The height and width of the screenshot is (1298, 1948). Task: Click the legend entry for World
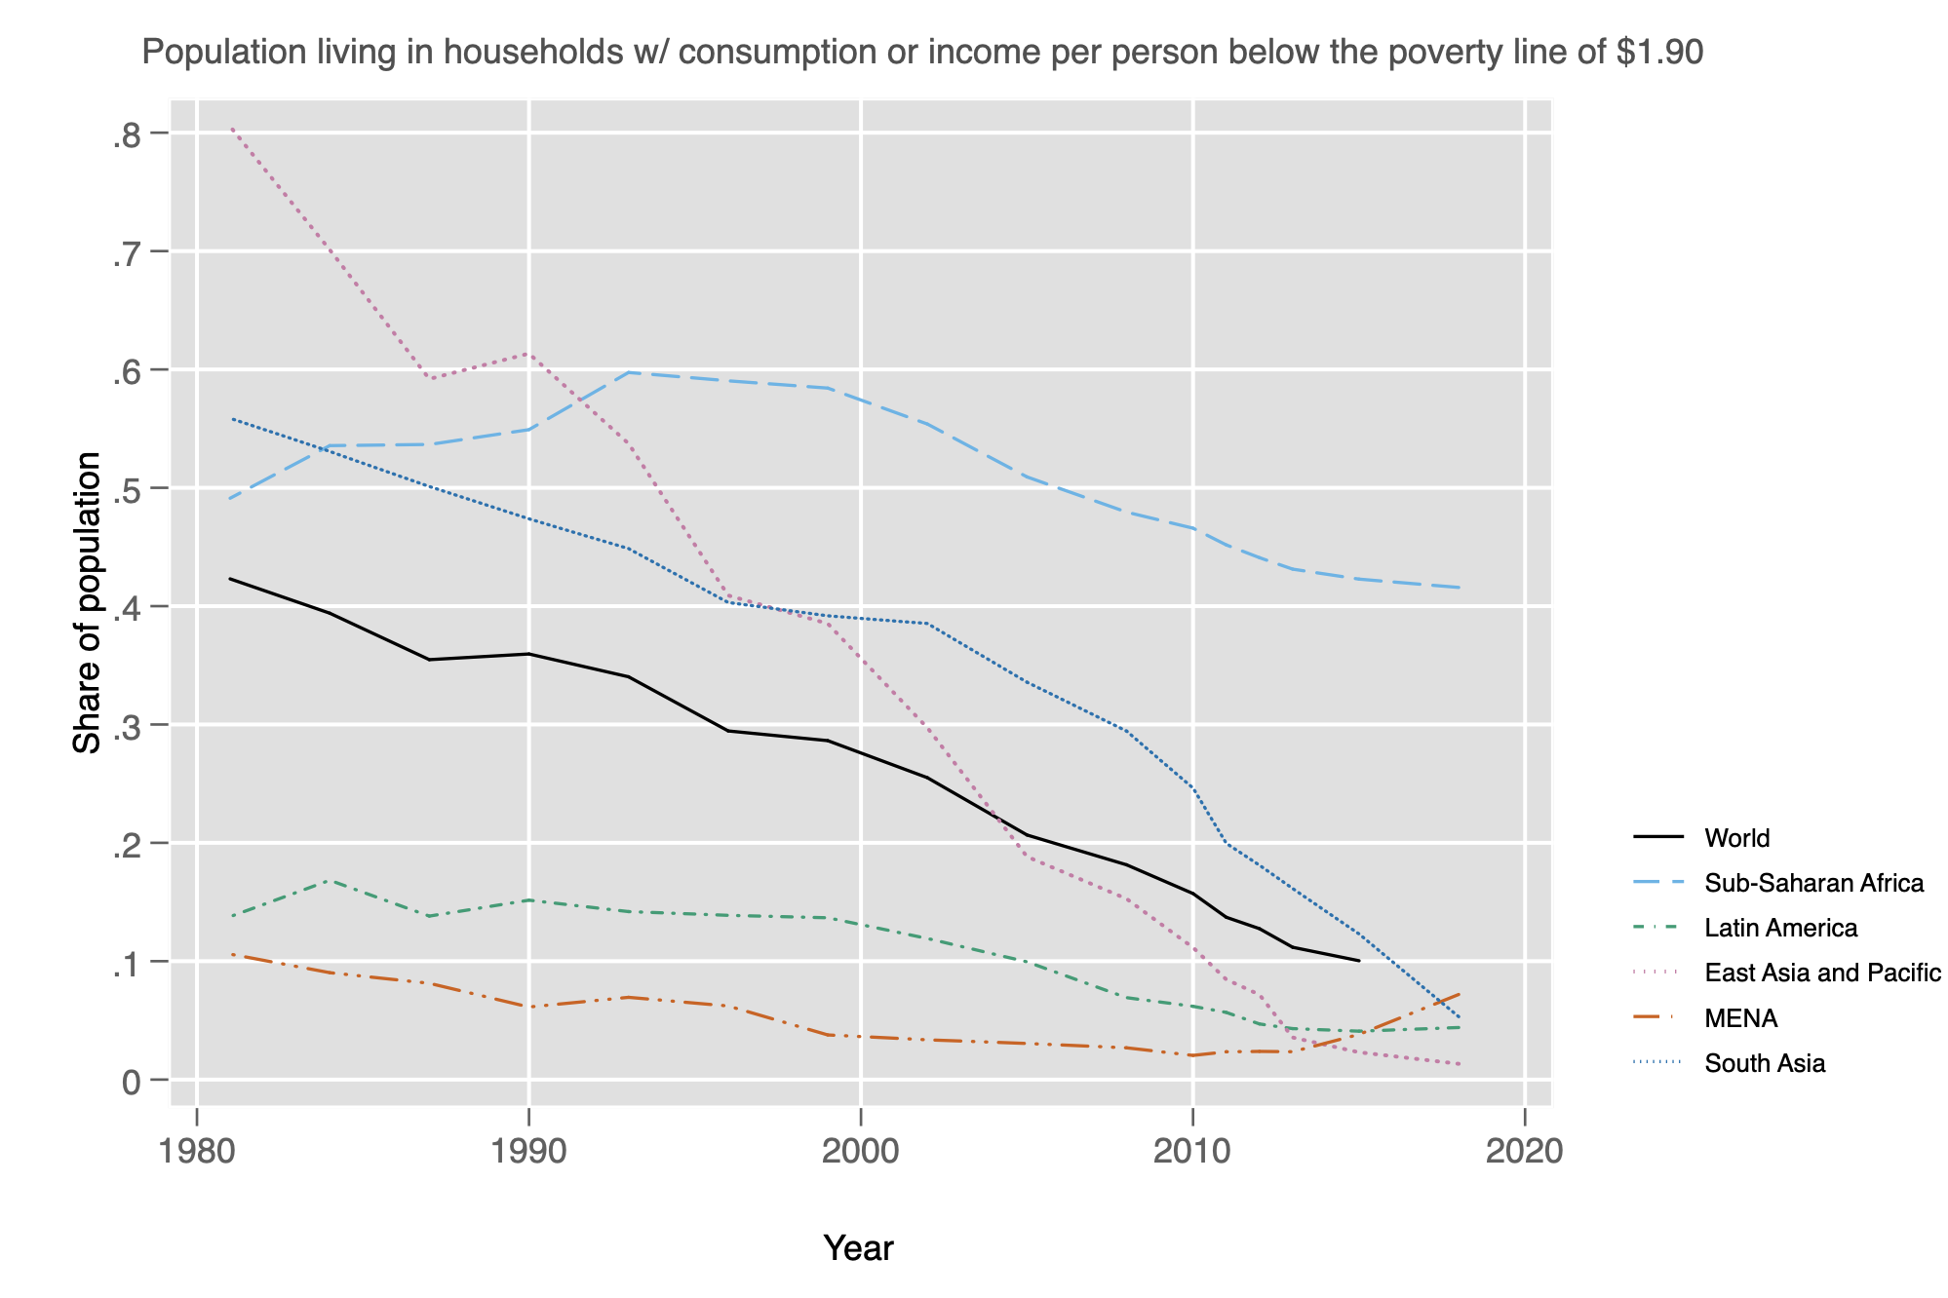[x=1736, y=838]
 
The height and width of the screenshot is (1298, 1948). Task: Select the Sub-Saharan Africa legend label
[x=1813, y=883]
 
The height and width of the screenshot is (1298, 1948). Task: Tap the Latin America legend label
[x=1780, y=928]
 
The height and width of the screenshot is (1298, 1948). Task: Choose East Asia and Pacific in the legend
[x=1822, y=973]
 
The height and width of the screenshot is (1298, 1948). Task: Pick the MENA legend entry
[x=1741, y=1018]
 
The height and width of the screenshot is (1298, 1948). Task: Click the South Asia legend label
[x=1765, y=1063]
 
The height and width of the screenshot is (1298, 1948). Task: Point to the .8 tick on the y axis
[x=127, y=135]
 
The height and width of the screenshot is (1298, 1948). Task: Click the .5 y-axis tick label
[x=127, y=490]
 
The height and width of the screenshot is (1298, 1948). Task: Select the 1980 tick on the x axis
[x=197, y=1151]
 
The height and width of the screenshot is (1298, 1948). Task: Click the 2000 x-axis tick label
[x=860, y=1151]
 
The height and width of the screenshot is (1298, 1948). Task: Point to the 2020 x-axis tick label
[x=1522, y=1151]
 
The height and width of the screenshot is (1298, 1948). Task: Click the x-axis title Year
[x=858, y=1248]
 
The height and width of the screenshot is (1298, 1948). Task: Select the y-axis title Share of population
[x=88, y=603]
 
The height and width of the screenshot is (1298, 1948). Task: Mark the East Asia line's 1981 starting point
[x=232, y=129]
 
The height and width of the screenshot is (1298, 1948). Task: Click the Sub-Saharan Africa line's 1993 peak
[x=629, y=372]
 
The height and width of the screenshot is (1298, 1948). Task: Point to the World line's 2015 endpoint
[x=1358, y=961]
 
